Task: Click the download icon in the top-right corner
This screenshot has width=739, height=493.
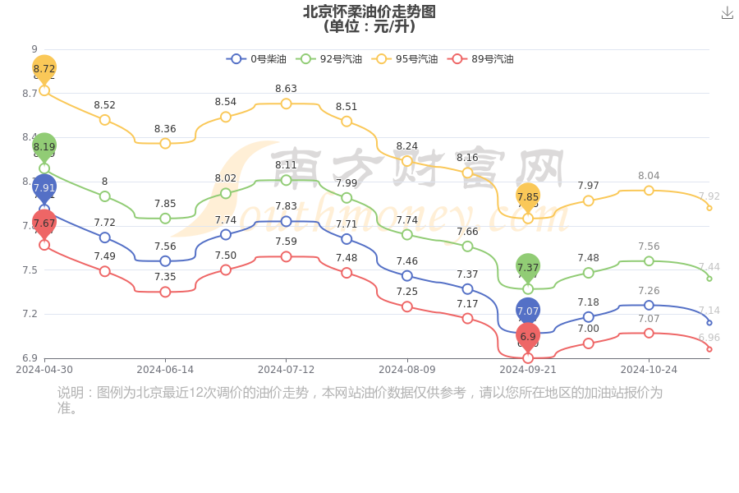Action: (x=727, y=12)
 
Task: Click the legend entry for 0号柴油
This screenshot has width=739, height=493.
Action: (x=257, y=59)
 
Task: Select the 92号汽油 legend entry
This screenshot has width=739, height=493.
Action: (x=329, y=59)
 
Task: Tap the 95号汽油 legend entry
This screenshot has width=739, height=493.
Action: (x=405, y=59)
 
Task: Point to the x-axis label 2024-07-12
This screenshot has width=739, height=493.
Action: (x=286, y=370)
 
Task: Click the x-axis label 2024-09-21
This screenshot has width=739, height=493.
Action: (x=528, y=370)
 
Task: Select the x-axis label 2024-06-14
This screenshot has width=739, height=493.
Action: (x=165, y=370)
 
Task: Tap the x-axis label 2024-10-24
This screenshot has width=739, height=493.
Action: (x=649, y=370)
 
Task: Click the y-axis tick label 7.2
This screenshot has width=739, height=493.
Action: (x=30, y=314)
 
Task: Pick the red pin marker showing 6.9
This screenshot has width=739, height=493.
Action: (x=528, y=336)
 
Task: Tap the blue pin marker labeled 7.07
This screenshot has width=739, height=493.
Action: (x=528, y=311)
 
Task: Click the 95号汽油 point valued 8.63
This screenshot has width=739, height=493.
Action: (x=286, y=104)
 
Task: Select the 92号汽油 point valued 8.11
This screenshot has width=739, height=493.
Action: (x=286, y=180)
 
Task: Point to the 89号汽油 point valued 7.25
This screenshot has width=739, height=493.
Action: (x=407, y=306)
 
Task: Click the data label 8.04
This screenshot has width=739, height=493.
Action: (x=649, y=176)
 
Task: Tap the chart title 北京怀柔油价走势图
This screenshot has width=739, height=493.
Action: (x=369, y=12)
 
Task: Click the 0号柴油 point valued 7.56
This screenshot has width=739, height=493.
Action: (x=165, y=261)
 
